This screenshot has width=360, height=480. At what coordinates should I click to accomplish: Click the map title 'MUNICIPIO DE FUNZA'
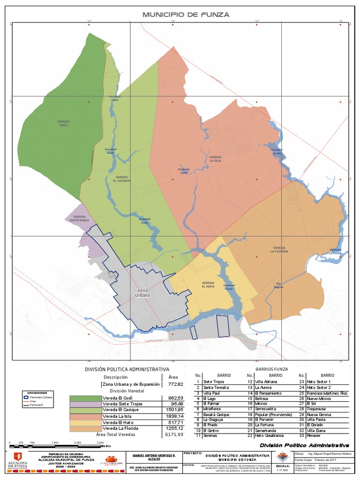pos(186,15)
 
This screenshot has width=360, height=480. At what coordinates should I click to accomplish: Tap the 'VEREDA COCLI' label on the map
pos(63,123)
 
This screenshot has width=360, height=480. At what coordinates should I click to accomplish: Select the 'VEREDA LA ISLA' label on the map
pos(215,158)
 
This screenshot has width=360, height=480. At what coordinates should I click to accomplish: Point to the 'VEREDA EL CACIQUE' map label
pos(121,178)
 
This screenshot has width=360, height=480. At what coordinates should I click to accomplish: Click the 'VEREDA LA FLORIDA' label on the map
pos(279,249)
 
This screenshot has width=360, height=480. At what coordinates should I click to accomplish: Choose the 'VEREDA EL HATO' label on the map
pos(208,285)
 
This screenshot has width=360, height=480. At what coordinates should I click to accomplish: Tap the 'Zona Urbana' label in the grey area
pos(144,293)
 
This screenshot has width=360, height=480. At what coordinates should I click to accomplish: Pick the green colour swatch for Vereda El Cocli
pos(85,398)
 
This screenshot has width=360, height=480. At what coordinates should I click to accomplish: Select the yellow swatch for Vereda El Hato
pos(85,421)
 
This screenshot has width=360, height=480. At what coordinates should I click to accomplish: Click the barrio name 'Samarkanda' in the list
pos(266,430)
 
